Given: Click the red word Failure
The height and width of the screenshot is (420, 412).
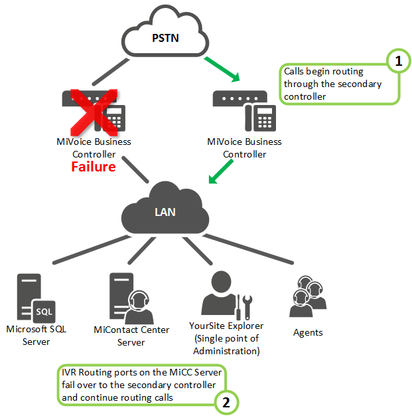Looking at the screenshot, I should tap(94, 167).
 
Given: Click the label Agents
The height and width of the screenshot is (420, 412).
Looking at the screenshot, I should tap(307, 332).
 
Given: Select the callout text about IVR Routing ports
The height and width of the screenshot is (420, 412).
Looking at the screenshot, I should tap(136, 383).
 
